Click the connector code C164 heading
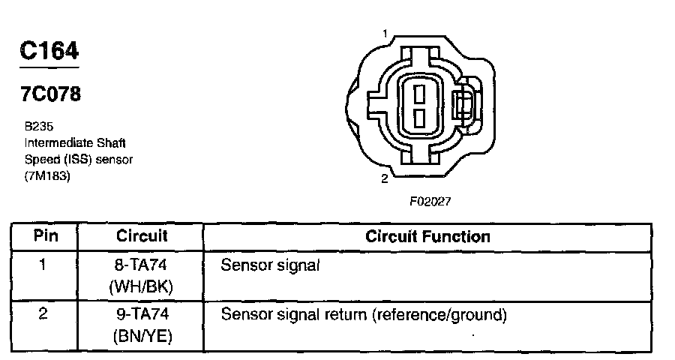(49, 51)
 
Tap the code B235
(38, 127)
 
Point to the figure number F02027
(430, 202)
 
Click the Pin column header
(43, 236)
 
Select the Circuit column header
(142, 236)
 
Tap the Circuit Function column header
(427, 236)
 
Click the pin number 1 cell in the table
(43, 265)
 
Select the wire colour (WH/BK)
(142, 286)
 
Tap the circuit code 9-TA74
(142, 315)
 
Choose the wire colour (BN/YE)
(142, 337)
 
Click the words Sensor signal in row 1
(270, 265)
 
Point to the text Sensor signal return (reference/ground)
(364, 315)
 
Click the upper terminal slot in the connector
(419, 93)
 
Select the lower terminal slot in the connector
(419, 116)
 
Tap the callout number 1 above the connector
(385, 34)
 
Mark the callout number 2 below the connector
(385, 178)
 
